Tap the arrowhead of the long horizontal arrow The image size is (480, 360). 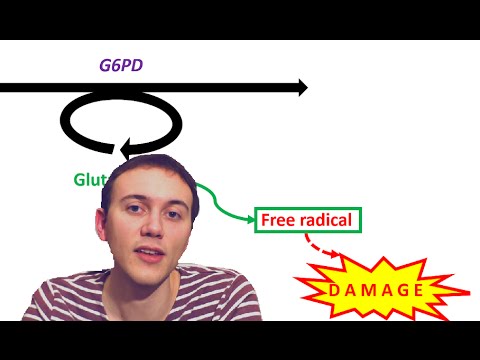coord(298,88)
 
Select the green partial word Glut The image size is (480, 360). coord(89,181)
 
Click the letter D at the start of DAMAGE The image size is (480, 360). coord(325,291)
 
